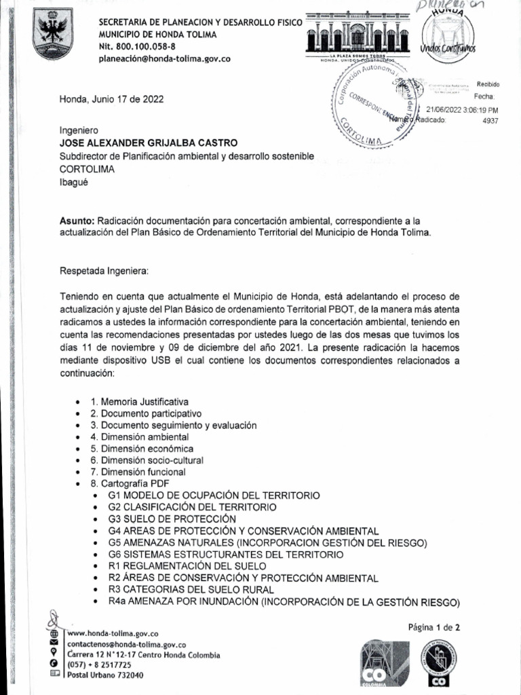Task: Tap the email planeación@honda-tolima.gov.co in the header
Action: [165, 58]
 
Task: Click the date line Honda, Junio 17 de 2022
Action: [111, 99]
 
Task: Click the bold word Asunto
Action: [77, 221]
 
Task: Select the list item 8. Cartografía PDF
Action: [130, 483]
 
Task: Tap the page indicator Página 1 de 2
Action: [433, 627]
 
